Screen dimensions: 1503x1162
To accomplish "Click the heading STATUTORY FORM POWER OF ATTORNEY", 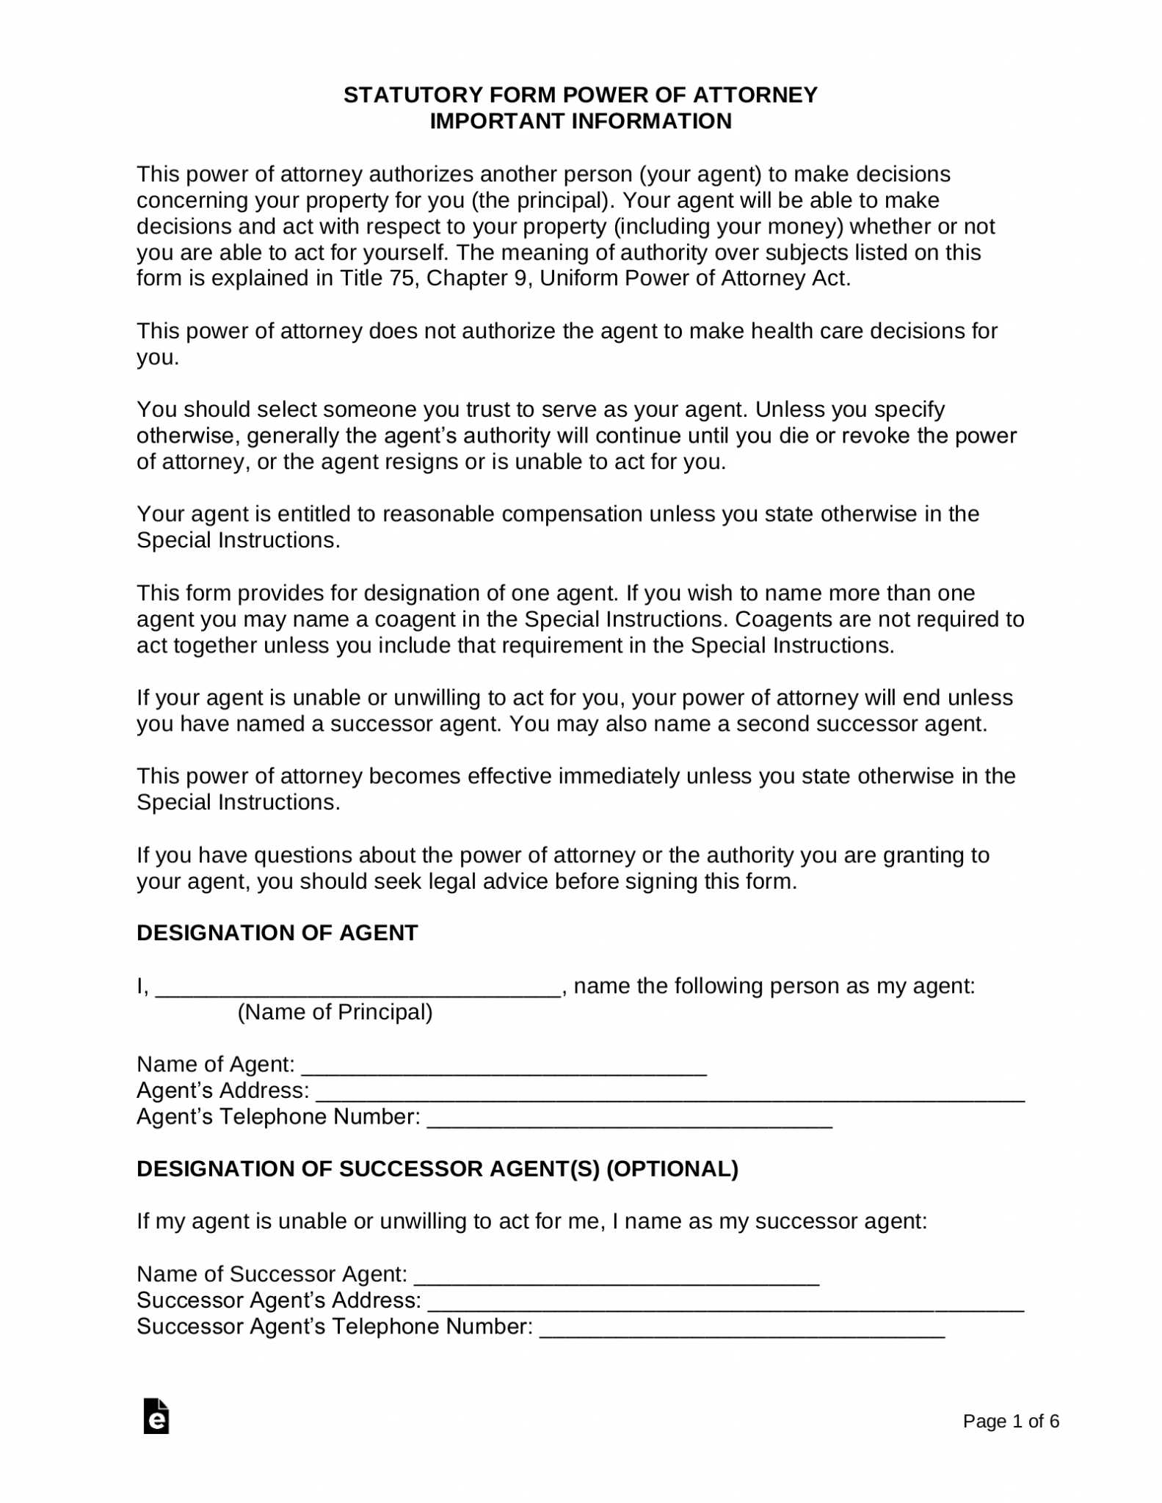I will click(580, 95).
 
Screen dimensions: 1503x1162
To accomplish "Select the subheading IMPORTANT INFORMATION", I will click(580, 121).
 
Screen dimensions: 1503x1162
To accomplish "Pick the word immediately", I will click(618, 776).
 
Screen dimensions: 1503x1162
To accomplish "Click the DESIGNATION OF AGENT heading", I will click(277, 934).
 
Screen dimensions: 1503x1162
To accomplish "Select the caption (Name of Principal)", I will click(335, 1013).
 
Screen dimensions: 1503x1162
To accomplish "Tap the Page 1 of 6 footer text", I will click(1011, 1422).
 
